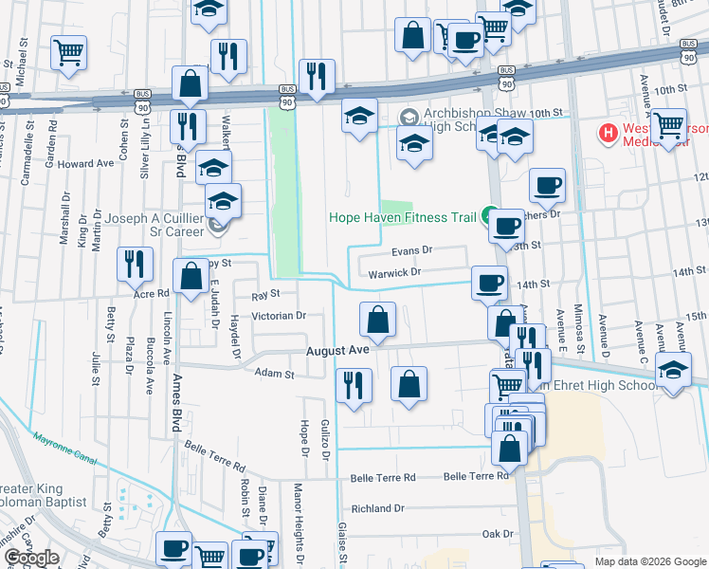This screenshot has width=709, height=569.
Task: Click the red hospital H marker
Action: pyautogui.click(x=608, y=133)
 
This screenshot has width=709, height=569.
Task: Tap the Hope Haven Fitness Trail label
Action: pyautogui.click(x=402, y=217)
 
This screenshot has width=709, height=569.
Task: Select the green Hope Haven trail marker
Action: pyautogui.click(x=490, y=216)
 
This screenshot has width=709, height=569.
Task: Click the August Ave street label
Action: pyautogui.click(x=336, y=350)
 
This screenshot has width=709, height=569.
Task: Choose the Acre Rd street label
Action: pyautogui.click(x=151, y=294)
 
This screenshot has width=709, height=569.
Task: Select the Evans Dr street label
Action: pyautogui.click(x=412, y=251)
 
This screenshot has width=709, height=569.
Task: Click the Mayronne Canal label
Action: pyautogui.click(x=65, y=448)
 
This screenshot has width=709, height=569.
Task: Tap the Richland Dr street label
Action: pyautogui.click(x=377, y=508)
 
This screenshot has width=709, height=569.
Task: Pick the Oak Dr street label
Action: pyautogui.click(x=498, y=535)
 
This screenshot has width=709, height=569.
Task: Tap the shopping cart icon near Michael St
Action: pyautogui.click(x=69, y=53)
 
